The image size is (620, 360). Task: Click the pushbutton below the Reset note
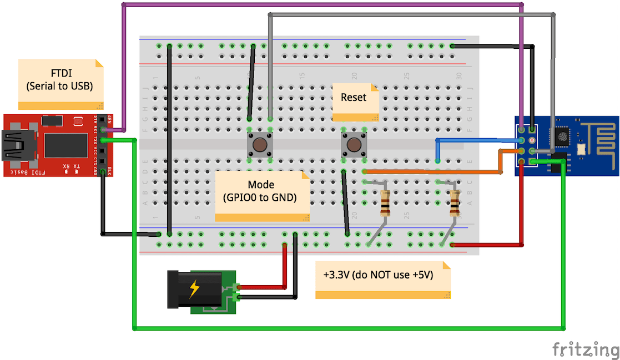click(354, 145)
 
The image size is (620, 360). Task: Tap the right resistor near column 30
click(455, 203)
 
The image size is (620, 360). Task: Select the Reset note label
click(354, 97)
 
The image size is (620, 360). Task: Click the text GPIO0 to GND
click(261, 197)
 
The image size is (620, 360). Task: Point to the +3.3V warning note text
click(378, 275)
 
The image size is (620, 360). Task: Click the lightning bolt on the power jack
click(194, 289)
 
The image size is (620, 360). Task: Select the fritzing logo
click(585, 349)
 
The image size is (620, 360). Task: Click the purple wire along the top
click(322, 4)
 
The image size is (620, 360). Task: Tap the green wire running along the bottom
click(344, 329)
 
